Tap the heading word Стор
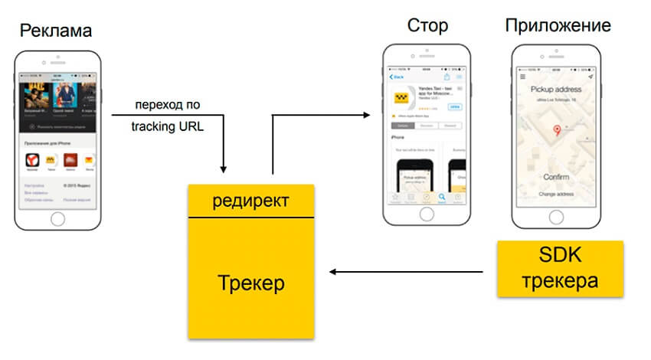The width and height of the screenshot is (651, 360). [427, 25]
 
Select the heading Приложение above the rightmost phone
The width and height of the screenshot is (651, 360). [558, 25]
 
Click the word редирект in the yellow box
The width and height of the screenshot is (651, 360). [251, 201]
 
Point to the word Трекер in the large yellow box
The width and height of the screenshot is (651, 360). [250, 283]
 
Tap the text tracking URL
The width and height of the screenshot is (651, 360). [168, 126]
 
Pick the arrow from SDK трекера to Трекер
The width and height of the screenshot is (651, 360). [406, 270]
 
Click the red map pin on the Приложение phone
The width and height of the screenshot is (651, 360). [557, 132]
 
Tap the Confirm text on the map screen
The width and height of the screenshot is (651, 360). [557, 177]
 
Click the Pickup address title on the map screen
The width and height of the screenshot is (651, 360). [557, 89]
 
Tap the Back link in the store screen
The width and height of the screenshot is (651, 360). [397, 77]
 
